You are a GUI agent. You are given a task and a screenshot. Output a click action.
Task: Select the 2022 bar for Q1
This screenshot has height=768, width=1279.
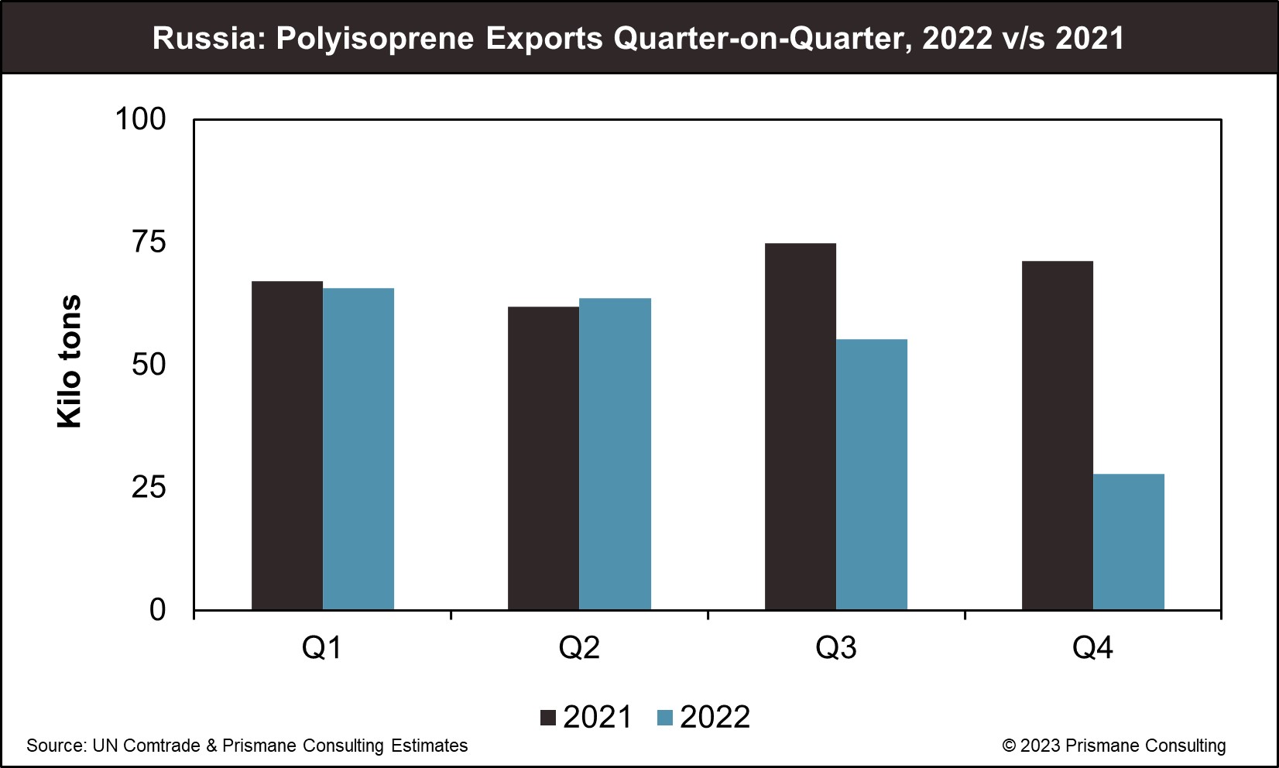[358, 449]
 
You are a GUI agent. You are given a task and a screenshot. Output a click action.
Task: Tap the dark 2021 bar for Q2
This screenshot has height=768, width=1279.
[543, 458]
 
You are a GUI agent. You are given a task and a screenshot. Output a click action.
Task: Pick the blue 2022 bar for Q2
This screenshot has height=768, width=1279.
[615, 454]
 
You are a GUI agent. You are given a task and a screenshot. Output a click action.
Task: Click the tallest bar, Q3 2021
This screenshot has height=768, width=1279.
[801, 427]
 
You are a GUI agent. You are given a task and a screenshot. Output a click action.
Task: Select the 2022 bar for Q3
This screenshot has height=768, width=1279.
[872, 475]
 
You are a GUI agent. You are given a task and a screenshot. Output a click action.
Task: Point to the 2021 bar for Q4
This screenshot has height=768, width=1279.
[1058, 435]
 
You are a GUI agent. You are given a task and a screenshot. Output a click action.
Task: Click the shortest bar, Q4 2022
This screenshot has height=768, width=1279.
[1129, 542]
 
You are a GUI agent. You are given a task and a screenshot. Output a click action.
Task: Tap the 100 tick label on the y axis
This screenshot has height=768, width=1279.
[140, 119]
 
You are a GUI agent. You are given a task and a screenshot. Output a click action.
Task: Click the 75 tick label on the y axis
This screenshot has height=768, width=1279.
[149, 242]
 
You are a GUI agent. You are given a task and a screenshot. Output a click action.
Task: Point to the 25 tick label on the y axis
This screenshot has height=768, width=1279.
[149, 488]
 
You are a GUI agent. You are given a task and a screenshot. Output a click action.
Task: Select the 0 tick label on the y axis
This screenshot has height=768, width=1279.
[157, 610]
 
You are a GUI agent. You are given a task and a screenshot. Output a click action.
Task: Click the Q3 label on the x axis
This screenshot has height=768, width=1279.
[836, 647]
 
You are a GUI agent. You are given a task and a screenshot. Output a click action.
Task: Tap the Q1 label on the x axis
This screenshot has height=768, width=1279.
[322, 647]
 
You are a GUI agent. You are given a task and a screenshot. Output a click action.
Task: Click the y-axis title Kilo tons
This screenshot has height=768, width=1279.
[70, 362]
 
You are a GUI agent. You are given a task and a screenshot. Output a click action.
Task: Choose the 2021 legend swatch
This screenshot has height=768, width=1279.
[548, 718]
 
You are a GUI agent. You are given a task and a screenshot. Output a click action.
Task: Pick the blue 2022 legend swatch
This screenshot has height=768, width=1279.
[664, 718]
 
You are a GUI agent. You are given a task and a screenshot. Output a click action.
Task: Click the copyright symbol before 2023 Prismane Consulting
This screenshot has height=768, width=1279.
[1009, 746]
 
